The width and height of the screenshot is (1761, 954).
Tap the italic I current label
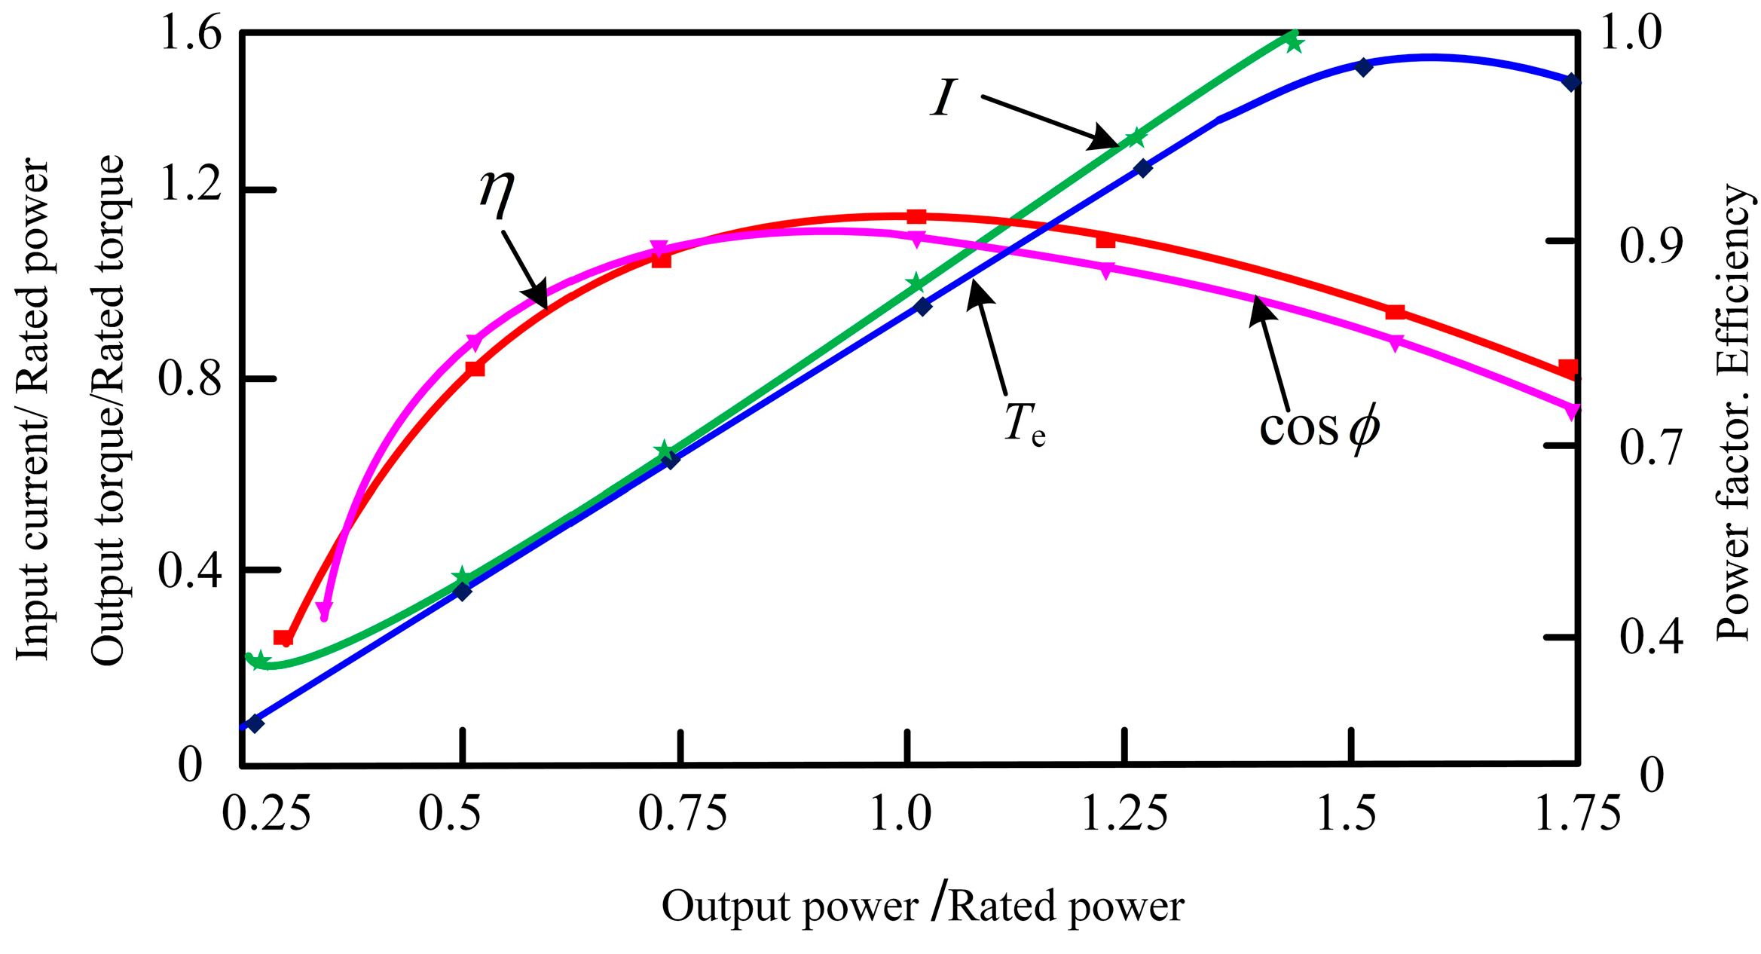943,98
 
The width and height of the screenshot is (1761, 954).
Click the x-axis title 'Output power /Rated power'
922,906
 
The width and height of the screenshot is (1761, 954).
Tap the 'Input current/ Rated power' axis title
33,410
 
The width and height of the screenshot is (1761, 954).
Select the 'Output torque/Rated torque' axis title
107,410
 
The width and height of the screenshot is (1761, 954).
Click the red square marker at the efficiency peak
916,217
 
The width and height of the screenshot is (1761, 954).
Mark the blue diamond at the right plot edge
1570,82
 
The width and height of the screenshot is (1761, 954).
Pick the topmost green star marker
1294,43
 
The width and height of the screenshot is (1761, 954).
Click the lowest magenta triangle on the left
325,609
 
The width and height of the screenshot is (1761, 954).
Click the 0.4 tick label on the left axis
181,571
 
